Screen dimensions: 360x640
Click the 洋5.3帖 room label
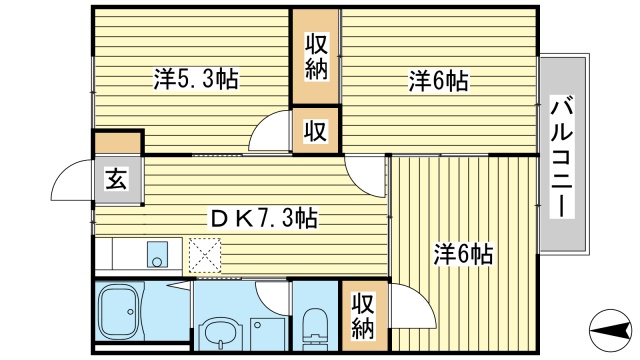[196, 80]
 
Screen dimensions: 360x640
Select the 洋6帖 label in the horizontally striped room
[439, 80]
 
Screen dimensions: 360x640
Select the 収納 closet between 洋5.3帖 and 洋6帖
[316, 56]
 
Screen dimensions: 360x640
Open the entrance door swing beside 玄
[73, 180]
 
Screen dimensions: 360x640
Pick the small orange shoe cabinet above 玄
[118, 142]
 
